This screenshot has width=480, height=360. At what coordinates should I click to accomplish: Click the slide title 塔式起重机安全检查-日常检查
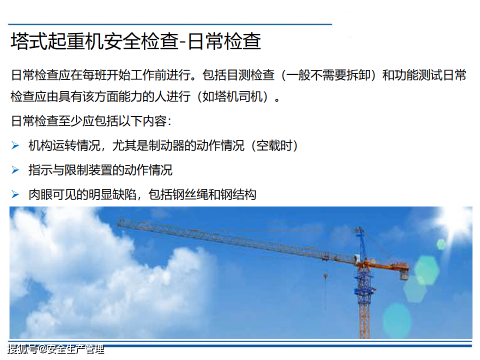(136, 41)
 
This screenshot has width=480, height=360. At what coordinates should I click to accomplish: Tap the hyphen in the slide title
(182, 42)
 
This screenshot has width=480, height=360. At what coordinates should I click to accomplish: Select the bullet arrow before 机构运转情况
(15, 145)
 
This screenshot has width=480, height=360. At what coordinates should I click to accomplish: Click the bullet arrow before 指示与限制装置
(15, 170)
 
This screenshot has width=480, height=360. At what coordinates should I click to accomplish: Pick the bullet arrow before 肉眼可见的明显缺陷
(15, 194)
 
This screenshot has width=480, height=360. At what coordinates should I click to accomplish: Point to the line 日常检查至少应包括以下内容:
(91, 121)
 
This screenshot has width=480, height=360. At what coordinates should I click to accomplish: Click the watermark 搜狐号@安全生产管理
(55, 349)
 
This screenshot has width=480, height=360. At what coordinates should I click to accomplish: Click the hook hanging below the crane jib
(325, 277)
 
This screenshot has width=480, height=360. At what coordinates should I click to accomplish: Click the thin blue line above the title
(170, 24)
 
